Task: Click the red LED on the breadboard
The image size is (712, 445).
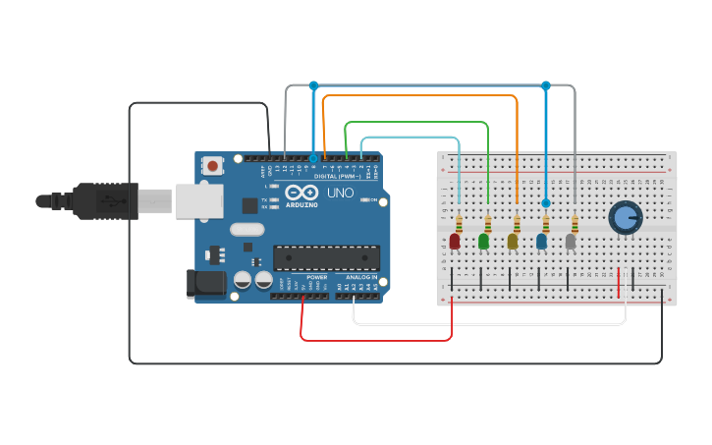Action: click(455, 241)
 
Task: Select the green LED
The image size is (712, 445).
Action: click(483, 241)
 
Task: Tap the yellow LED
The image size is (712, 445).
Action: click(513, 241)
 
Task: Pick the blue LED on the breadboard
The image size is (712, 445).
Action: click(541, 241)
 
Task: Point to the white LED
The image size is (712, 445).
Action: click(571, 241)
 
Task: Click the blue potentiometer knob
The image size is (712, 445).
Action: click(624, 217)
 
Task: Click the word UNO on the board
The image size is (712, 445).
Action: click(340, 193)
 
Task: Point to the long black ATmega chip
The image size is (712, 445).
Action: click(326, 257)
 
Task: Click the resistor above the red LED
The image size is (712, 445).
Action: click(459, 223)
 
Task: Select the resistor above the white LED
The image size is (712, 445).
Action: click(575, 223)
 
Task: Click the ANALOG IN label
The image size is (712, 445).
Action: click(359, 278)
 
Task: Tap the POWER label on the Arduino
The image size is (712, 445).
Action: click(317, 278)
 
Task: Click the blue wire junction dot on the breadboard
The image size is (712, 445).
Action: click(546, 203)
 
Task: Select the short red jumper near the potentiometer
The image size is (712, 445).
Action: click(619, 283)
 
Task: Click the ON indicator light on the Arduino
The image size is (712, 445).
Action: click(364, 199)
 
